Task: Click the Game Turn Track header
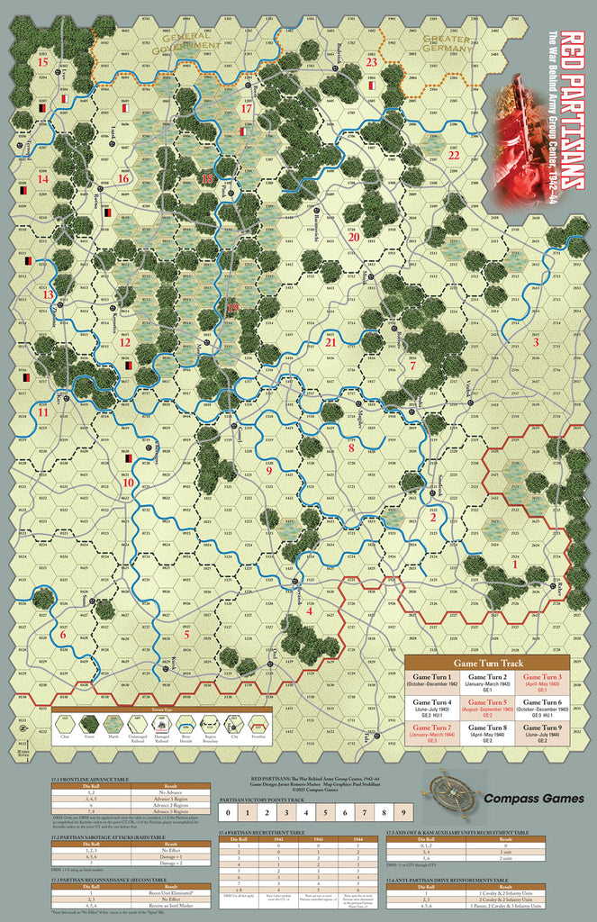click(489, 661)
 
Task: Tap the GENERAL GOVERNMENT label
click(191, 40)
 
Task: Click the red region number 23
click(371, 62)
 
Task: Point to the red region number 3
click(535, 342)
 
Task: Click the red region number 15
click(41, 62)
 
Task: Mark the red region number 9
click(267, 469)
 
